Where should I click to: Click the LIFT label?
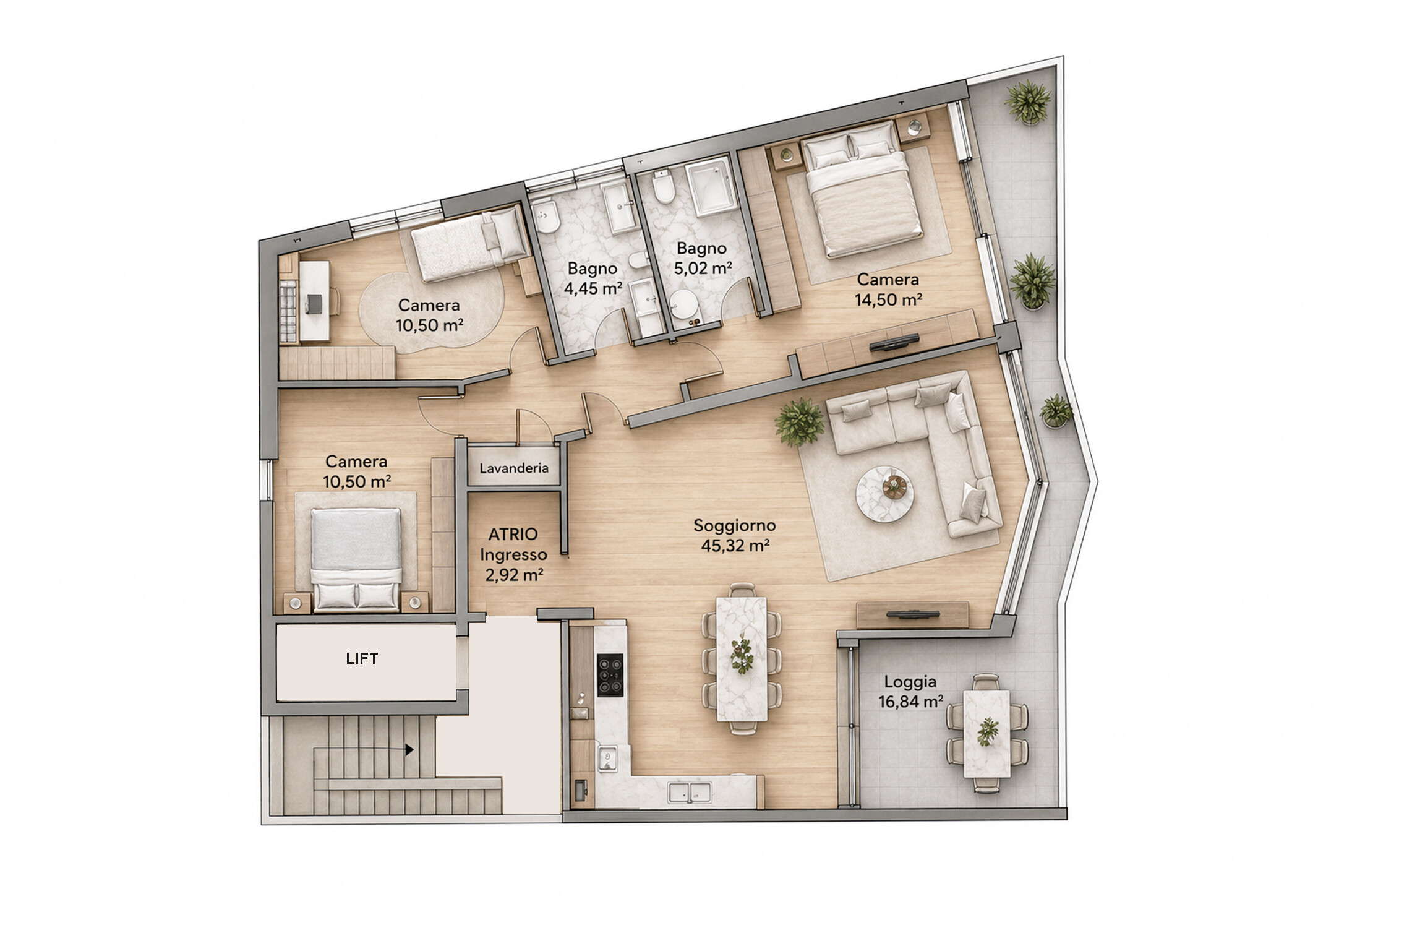(362, 658)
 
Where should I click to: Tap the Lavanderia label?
(514, 468)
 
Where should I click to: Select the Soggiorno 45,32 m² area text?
(735, 536)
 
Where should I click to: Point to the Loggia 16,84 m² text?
(910, 692)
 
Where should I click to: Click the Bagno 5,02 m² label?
(701, 259)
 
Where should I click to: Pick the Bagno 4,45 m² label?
(593, 278)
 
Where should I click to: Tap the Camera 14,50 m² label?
(888, 290)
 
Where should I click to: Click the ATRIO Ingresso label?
(514, 544)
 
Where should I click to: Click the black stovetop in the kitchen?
(610, 676)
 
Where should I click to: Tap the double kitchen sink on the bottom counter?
(690, 791)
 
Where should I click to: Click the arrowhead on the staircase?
(409, 750)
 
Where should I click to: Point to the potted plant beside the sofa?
(800, 423)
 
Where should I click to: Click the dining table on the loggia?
(987, 734)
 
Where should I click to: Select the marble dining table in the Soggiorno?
(742, 658)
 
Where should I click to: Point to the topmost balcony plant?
(1028, 101)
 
